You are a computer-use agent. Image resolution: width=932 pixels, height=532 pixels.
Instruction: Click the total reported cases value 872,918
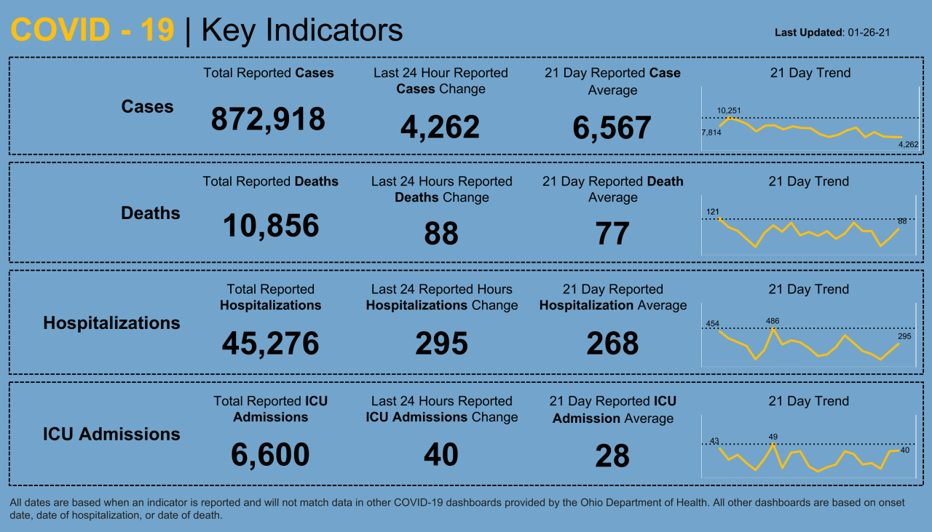pyautogui.click(x=268, y=119)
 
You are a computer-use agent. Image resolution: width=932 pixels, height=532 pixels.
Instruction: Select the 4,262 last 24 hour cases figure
pyautogui.click(x=440, y=127)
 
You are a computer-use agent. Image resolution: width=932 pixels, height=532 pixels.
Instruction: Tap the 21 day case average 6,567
pyautogui.click(x=612, y=128)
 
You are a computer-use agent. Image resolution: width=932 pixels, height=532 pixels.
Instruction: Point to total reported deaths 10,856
pyautogui.click(x=270, y=226)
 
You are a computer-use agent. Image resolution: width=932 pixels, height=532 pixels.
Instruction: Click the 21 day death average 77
pyautogui.click(x=612, y=234)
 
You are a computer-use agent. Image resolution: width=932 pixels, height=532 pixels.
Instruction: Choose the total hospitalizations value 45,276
pyautogui.click(x=270, y=344)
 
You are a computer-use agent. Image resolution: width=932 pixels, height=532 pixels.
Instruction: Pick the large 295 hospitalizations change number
pyautogui.click(x=441, y=344)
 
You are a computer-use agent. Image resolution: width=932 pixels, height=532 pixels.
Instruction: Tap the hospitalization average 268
pyautogui.click(x=612, y=344)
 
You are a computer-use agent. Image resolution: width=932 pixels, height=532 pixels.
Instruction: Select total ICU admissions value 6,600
pyautogui.click(x=270, y=456)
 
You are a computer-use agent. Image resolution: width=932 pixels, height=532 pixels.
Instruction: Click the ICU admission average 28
pyautogui.click(x=612, y=456)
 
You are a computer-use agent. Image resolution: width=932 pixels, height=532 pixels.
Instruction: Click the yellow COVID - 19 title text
pyautogui.click(x=92, y=31)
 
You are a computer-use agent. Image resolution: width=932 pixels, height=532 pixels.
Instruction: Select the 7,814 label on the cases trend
pyautogui.click(x=711, y=132)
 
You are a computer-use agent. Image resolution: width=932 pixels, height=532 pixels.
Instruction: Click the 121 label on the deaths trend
pyautogui.click(x=712, y=213)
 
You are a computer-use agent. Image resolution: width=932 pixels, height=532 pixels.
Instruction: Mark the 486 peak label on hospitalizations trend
pyautogui.click(x=773, y=320)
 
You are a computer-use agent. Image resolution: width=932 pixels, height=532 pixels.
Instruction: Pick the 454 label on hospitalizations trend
pyautogui.click(x=712, y=324)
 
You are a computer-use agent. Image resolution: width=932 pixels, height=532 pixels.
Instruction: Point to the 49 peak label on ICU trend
pyautogui.click(x=773, y=437)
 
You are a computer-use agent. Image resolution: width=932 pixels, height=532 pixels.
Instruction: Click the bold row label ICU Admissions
pyautogui.click(x=111, y=434)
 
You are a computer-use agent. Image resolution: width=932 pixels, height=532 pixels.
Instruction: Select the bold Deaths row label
pyautogui.click(x=150, y=213)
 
